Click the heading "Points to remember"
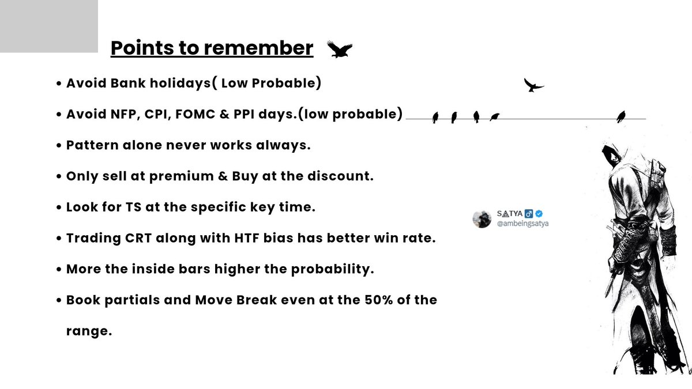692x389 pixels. click(212, 48)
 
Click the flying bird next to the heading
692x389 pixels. click(339, 50)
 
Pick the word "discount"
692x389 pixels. click(340, 176)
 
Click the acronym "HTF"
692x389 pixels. click(241, 239)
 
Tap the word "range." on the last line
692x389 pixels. click(89, 332)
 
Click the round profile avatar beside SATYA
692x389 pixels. click(481, 218)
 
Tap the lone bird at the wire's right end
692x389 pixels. click(621, 116)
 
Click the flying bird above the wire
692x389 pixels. click(533, 85)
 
